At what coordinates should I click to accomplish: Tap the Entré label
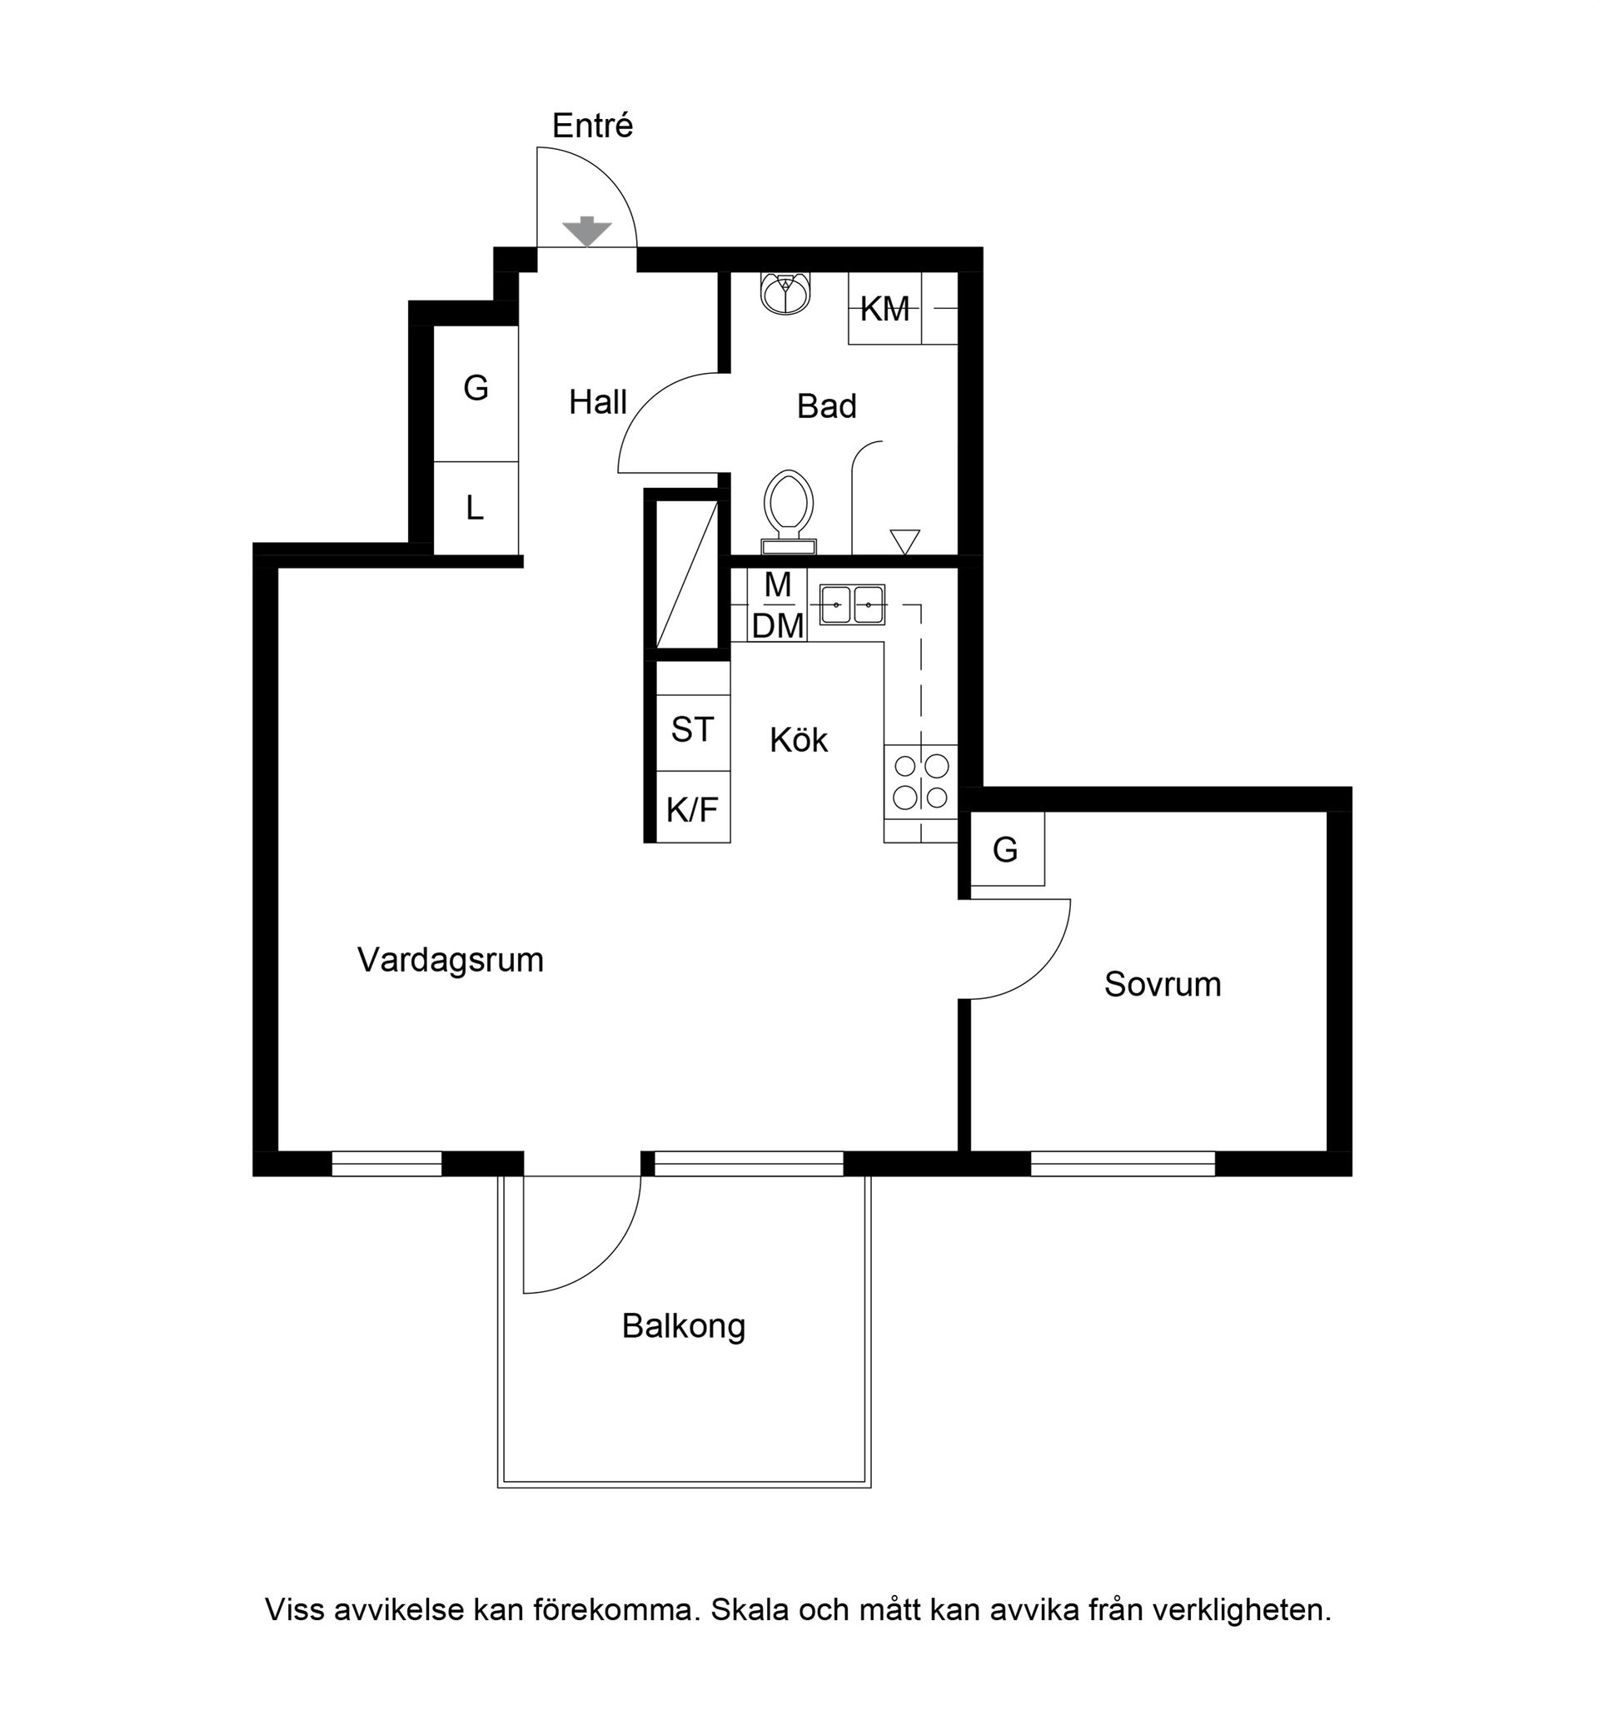(x=593, y=127)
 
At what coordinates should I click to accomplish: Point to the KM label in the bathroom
(x=885, y=309)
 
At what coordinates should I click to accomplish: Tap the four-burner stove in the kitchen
(x=920, y=781)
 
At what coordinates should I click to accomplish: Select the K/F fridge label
(x=692, y=809)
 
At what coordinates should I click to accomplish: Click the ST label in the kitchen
(x=692, y=730)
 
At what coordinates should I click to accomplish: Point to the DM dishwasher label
(x=778, y=626)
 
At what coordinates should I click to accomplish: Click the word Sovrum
(x=1162, y=984)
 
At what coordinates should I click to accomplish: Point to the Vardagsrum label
(x=450, y=961)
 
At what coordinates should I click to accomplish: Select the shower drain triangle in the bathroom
(x=905, y=541)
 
